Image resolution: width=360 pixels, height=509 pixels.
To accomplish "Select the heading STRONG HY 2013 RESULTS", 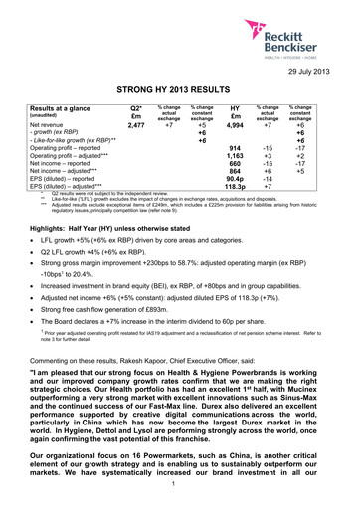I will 180,88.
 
